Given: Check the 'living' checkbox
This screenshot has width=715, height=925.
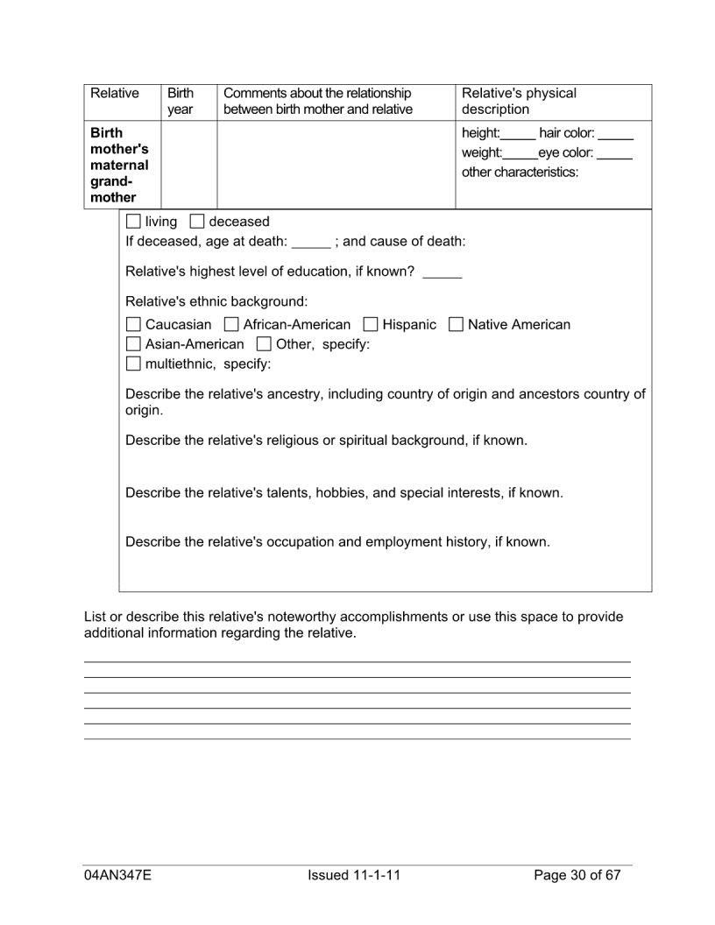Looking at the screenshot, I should [x=133, y=222].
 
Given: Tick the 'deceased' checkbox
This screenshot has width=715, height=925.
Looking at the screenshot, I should [x=197, y=222].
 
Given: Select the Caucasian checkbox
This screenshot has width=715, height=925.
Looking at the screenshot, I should [x=133, y=325].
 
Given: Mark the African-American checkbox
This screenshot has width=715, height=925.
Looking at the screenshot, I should [x=231, y=325].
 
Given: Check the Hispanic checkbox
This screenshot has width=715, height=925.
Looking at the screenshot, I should [x=371, y=325].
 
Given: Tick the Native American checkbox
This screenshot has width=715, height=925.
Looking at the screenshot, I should [x=456, y=325].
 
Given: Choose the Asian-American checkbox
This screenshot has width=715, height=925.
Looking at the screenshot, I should [x=133, y=344].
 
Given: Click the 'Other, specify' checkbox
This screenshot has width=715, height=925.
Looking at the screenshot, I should [x=264, y=344].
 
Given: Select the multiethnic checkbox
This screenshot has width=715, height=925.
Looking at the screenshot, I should [x=133, y=364].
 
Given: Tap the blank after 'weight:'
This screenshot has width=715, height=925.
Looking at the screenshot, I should [x=520, y=154].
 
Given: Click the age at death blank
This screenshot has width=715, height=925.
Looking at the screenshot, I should [x=311, y=243].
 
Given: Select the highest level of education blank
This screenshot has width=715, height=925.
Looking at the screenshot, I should [x=442, y=272].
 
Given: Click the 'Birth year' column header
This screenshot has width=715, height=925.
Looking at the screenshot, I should [x=181, y=101].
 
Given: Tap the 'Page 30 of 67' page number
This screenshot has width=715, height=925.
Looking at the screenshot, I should [x=577, y=875].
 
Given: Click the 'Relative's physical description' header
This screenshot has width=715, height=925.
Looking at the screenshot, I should [x=519, y=101].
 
